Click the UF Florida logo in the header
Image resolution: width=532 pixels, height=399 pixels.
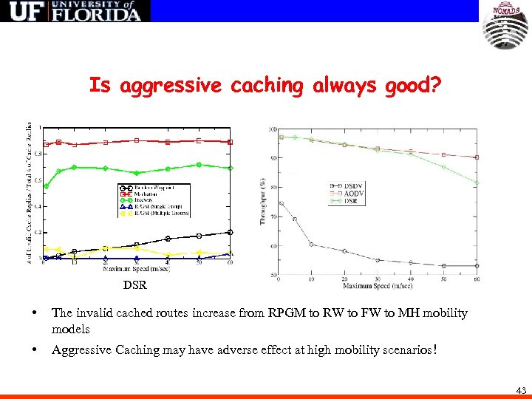[75, 11]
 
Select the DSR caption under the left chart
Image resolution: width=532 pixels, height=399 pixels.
[134, 284]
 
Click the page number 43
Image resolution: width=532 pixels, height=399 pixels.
[522, 390]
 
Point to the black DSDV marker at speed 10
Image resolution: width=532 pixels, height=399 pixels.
[312, 244]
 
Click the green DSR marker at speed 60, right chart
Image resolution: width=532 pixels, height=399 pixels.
[477, 183]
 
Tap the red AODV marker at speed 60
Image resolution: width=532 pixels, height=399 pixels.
[477, 157]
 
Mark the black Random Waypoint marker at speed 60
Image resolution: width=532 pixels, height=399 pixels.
[230, 232]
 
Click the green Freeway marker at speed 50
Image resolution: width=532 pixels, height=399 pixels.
[199, 165]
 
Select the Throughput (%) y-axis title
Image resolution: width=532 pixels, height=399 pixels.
[262, 199]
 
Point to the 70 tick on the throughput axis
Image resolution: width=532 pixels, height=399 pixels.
[273, 216]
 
